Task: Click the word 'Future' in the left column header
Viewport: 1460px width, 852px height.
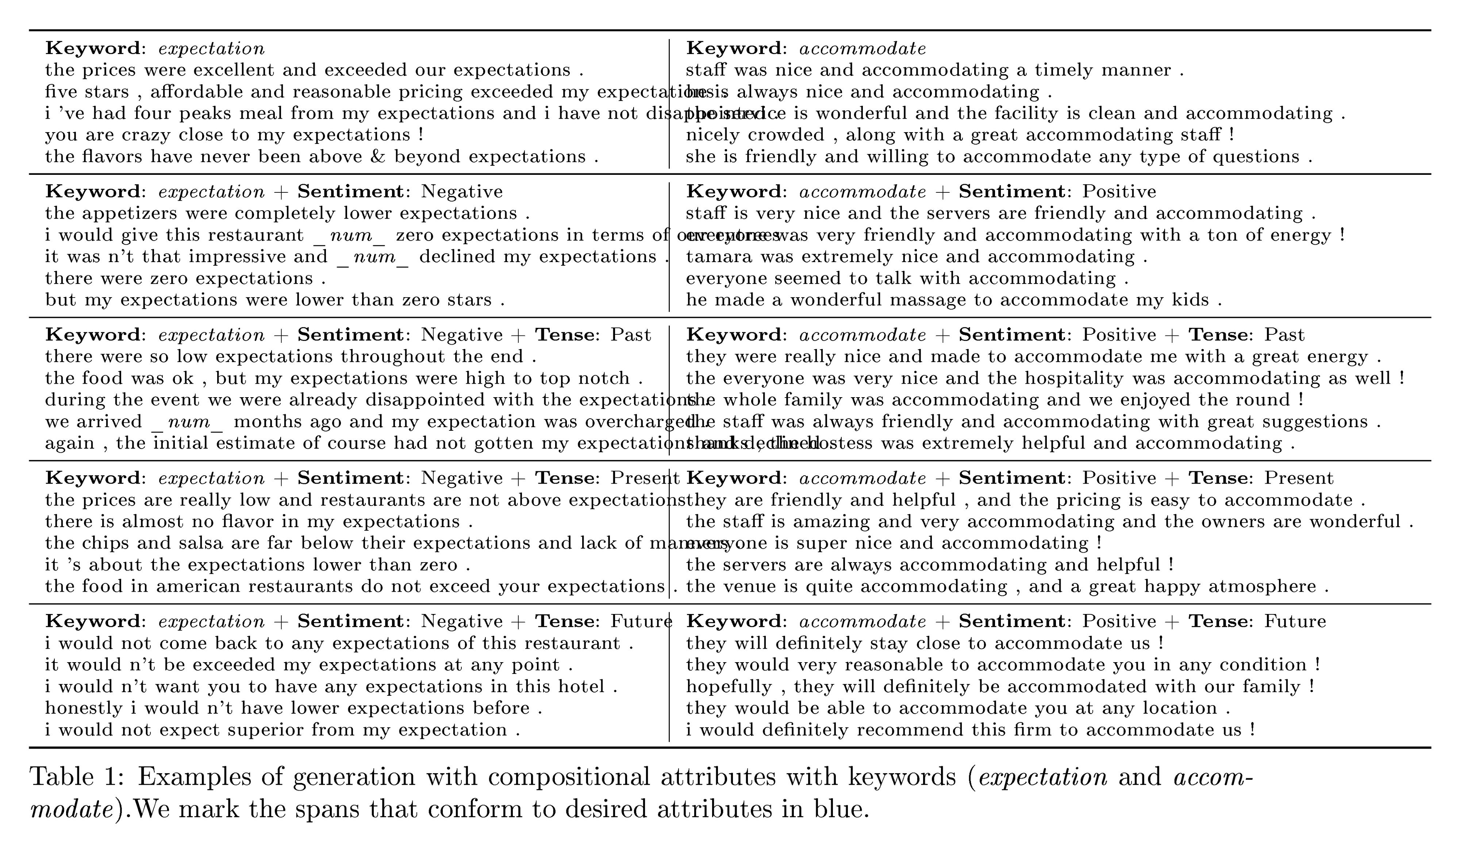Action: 641,621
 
